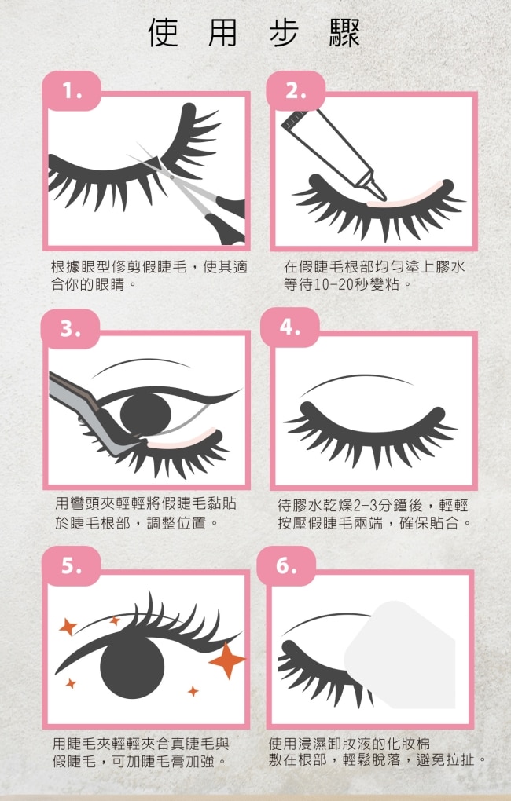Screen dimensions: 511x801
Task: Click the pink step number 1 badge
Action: click(72, 91)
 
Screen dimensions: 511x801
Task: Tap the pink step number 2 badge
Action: click(296, 91)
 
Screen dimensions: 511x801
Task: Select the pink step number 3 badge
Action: click(71, 329)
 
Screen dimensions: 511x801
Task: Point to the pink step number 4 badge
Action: click(289, 327)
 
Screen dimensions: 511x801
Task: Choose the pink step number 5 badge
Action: click(71, 566)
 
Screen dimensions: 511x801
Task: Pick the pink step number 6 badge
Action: click(286, 566)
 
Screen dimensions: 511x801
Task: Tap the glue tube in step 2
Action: click(333, 153)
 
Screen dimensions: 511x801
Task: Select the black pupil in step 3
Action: click(145, 411)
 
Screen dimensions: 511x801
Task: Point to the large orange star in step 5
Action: click(227, 660)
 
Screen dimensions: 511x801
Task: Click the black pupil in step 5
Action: click(132, 665)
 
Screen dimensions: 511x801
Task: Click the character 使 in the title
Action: click(164, 33)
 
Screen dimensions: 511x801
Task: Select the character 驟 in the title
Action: click(345, 33)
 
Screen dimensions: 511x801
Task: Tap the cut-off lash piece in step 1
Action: click(192, 138)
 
